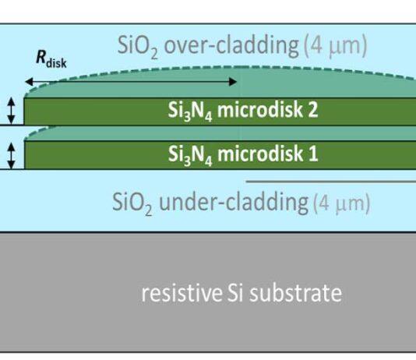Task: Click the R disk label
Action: [x=51, y=59]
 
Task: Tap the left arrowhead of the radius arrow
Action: [x=29, y=82]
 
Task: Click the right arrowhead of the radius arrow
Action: [x=233, y=82]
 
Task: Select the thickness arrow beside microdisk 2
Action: [x=11, y=111]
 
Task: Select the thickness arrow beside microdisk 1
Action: [x=11, y=155]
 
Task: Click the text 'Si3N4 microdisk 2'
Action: [x=243, y=111]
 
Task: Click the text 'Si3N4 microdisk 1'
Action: [x=243, y=154]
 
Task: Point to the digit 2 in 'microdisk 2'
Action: [x=312, y=110]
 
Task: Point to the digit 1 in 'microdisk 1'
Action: [x=313, y=154]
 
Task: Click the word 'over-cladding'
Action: [x=231, y=45]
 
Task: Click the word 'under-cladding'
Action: [x=234, y=202]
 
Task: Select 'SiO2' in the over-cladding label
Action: [x=138, y=46]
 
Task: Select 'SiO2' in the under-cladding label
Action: [x=132, y=203]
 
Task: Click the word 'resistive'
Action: [x=182, y=293]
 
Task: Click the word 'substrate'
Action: [x=295, y=293]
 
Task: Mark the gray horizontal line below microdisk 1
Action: [x=331, y=182]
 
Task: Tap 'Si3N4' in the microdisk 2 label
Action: [x=190, y=111]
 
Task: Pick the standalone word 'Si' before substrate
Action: [x=235, y=293]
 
